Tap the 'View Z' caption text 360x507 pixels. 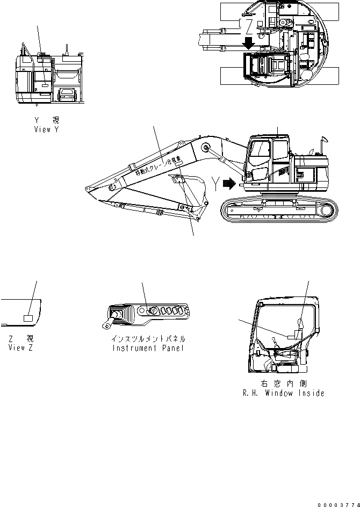(21, 347)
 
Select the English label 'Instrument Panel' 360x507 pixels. (148, 347)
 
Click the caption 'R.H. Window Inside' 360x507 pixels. (283, 393)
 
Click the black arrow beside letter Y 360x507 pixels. (229, 184)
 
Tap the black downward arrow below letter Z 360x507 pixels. (248, 44)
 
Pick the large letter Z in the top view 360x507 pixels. (249, 25)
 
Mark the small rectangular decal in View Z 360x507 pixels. (28, 318)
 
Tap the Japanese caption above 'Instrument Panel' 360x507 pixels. (148, 339)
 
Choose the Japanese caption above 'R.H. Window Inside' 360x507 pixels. (283, 384)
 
